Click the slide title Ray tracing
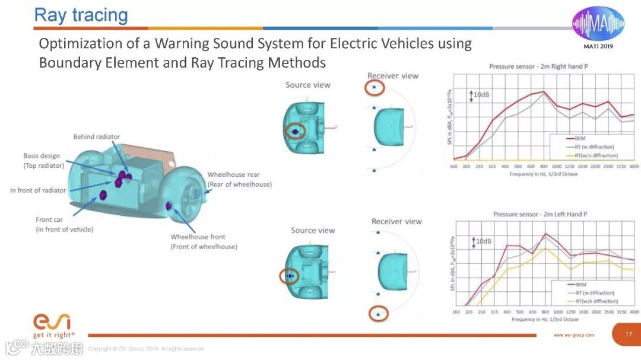(x=81, y=15)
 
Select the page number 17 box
(x=629, y=334)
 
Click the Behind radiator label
(x=96, y=137)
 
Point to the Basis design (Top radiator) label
(x=43, y=161)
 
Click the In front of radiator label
(x=38, y=190)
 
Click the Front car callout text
(x=65, y=224)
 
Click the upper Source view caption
(x=307, y=85)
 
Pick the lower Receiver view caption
(x=396, y=221)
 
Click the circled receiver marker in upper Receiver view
(x=374, y=88)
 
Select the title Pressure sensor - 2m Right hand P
(x=538, y=66)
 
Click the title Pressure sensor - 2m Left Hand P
(x=540, y=214)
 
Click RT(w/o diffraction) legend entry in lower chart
(x=596, y=301)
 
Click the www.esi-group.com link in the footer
(x=573, y=335)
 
